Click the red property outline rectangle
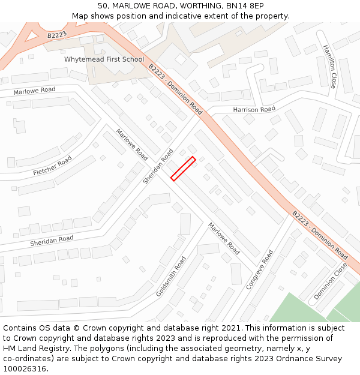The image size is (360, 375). pyautogui.click(x=183, y=169)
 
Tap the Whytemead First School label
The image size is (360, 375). pyautogui.click(x=104, y=59)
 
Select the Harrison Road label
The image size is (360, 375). pyautogui.click(x=254, y=109)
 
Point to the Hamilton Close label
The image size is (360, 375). pyautogui.click(x=330, y=66)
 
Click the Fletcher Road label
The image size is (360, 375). pyautogui.click(x=53, y=166)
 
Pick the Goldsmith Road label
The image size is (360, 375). pyautogui.click(x=171, y=277)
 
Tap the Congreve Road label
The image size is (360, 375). pyautogui.click(x=260, y=269)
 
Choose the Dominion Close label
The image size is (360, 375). pyautogui.click(x=330, y=280)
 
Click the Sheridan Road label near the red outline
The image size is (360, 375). pyautogui.click(x=158, y=166)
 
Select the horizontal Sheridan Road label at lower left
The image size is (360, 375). pyautogui.click(x=52, y=241)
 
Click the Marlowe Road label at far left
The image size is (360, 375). pyautogui.click(x=34, y=90)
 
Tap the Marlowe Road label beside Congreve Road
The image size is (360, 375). pyautogui.click(x=224, y=238)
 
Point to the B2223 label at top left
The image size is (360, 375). pyautogui.click(x=57, y=35)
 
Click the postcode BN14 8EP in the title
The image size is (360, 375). pyautogui.click(x=245, y=5)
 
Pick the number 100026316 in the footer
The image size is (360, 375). pyautogui.click(x=24, y=368)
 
